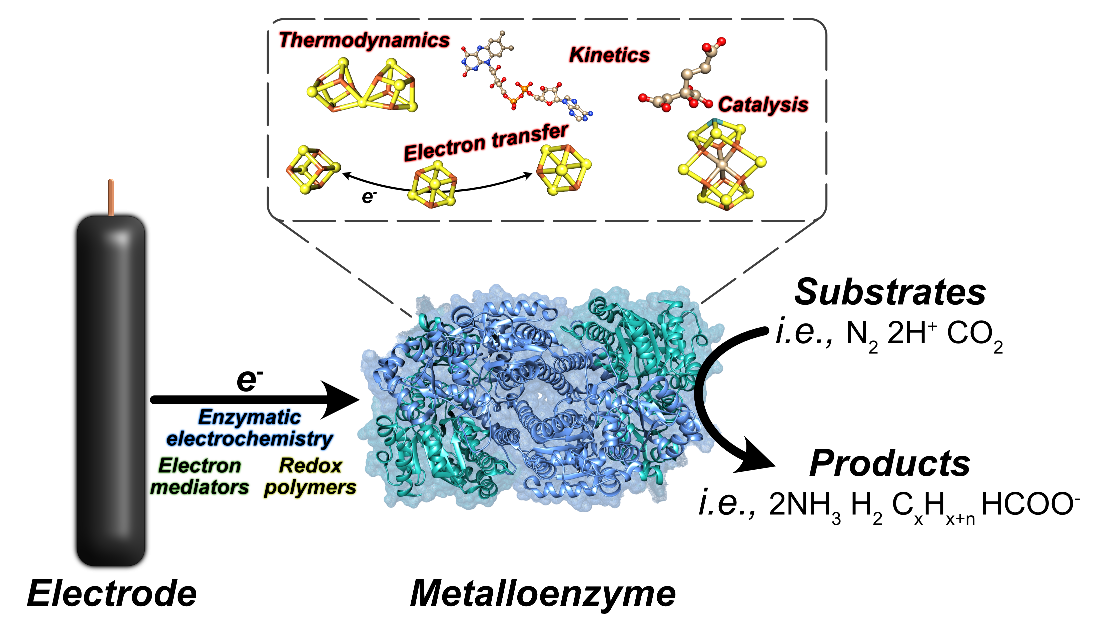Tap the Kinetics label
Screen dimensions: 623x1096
[609, 55]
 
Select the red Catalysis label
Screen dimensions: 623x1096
[763, 105]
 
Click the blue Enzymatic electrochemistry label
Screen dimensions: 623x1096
[250, 428]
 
